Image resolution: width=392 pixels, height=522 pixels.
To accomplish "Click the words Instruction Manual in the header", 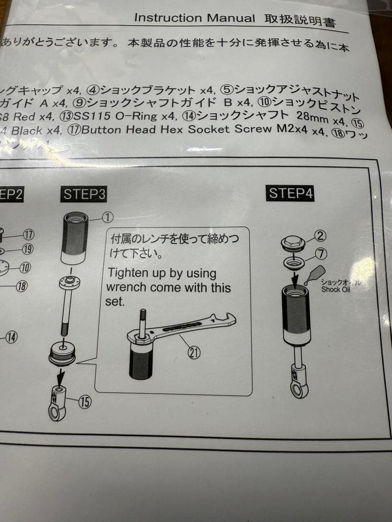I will pos(194,18).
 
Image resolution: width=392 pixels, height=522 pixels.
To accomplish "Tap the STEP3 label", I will pos(84,194).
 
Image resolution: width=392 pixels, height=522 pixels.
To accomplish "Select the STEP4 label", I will pos(291,193).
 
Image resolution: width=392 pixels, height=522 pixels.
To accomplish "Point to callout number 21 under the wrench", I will pos(194,353).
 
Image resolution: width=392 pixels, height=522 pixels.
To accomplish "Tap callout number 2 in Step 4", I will pos(320,236).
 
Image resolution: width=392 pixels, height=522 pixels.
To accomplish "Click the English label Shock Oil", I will pos(336,290).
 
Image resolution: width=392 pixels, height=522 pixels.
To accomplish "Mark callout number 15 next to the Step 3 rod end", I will pos(85,401).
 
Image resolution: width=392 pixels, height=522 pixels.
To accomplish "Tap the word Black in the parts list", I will pos(27,130).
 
